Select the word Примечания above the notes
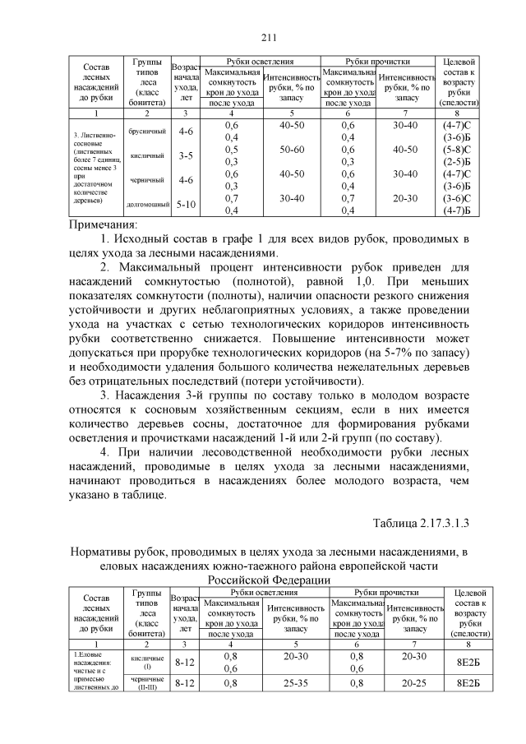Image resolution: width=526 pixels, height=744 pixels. [x=101, y=224]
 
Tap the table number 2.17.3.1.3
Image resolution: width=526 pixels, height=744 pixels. [x=433, y=522]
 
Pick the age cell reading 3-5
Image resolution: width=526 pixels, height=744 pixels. [x=186, y=155]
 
